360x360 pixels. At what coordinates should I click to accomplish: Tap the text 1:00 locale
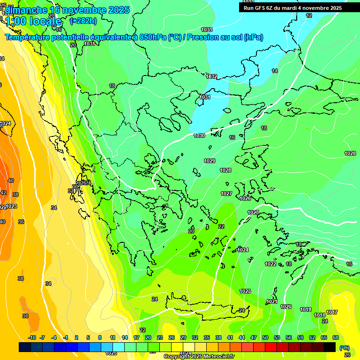[x=33, y=22]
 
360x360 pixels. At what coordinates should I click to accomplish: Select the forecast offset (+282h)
[x=83, y=21]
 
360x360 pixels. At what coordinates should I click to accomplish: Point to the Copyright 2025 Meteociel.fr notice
[x=199, y=356]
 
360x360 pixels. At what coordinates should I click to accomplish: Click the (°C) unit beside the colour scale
[x=344, y=348]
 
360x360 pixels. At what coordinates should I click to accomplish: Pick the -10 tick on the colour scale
[x=32, y=337]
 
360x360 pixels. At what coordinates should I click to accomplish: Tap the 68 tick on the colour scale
[x=335, y=337]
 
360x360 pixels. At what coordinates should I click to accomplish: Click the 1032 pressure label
[x=211, y=76]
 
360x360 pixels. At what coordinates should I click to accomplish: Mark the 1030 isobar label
[x=199, y=135]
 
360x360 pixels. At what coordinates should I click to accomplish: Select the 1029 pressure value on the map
[x=210, y=161]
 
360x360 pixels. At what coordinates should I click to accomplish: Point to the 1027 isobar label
[x=226, y=194]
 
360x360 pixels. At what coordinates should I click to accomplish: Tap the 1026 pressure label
[x=245, y=198]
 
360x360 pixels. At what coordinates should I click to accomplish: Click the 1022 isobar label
[x=270, y=264]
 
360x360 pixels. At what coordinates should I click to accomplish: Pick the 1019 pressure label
[x=306, y=309]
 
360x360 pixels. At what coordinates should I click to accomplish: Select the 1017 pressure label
[x=332, y=312]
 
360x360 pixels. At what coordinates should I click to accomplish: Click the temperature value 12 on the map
[x=308, y=15]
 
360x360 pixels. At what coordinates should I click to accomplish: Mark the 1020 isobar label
[x=286, y=307]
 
